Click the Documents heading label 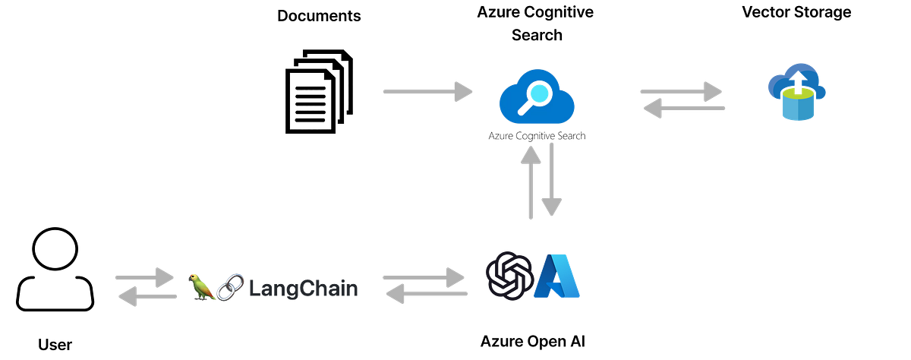(319, 16)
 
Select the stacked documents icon (319, 92)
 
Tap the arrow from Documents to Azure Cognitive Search (427, 92)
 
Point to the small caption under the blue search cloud (537, 136)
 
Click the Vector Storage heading (796, 12)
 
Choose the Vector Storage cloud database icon (796, 92)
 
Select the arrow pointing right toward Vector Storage (681, 92)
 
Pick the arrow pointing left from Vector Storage (684, 108)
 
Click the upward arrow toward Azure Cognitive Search (531, 182)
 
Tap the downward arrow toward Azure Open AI (551, 179)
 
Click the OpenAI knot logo (509, 276)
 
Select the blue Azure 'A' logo (556, 276)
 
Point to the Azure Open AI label (533, 341)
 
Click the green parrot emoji (201, 287)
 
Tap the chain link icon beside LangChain (230, 287)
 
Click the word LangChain (304, 289)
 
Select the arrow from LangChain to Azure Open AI (424, 277)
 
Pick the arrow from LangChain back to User (147, 296)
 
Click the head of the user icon (55, 248)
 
